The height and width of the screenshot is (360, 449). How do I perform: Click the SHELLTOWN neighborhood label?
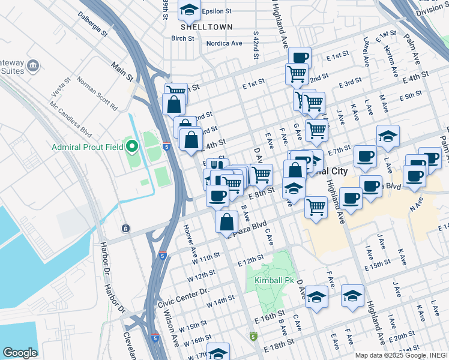coord(199,26)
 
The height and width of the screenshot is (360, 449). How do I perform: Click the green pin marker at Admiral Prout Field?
coord(132,145)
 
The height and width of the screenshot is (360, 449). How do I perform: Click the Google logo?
coord(20,353)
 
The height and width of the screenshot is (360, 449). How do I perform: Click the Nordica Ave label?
coord(224,43)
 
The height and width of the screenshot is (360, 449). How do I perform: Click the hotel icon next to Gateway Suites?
coord(33,65)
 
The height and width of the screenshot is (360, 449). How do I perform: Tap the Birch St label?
coord(183,38)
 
